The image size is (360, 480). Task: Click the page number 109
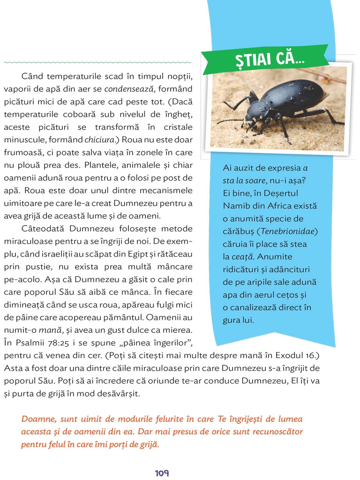click(162, 473)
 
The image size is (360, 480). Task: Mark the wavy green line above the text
click(97, 62)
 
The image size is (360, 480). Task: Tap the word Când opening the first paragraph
click(31, 75)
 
